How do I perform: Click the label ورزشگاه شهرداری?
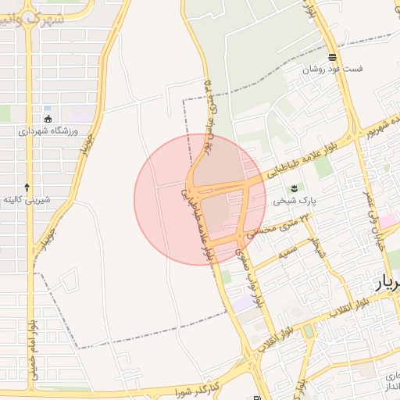(x=48, y=131)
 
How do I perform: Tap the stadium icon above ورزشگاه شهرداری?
(x=48, y=119)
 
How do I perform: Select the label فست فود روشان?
(x=334, y=69)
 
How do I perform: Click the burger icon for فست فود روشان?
(x=333, y=56)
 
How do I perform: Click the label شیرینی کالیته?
(x=27, y=199)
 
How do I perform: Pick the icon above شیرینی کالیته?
(x=27, y=187)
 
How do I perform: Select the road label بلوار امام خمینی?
(x=32, y=348)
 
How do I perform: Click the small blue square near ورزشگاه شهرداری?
(x=48, y=108)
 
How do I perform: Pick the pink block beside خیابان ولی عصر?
(x=388, y=221)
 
